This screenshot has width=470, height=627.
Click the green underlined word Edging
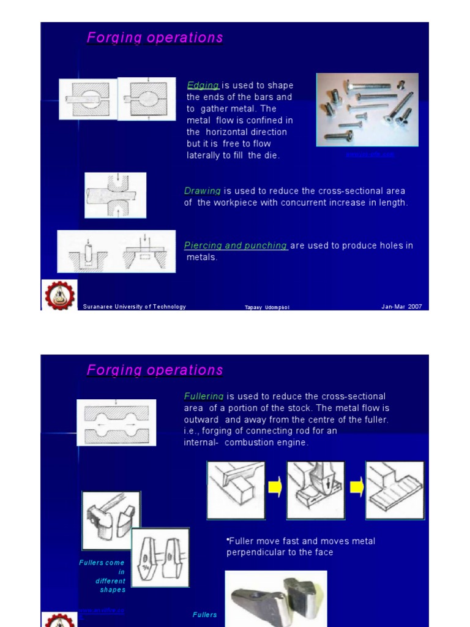203,86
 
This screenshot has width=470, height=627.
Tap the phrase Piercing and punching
236,246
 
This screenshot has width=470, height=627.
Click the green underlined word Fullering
204,397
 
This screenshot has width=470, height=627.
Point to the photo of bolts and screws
367,110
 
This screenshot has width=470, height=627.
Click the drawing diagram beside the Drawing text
116,195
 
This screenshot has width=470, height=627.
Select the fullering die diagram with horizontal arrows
116,422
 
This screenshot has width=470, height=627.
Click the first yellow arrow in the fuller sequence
275,489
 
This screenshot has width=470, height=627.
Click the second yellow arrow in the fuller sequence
355,489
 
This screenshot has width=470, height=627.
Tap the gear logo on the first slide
59,295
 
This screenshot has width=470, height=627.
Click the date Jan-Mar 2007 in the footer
401,307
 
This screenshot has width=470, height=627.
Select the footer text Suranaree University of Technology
134,307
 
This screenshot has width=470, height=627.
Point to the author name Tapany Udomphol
267,307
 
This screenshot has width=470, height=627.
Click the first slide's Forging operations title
155,38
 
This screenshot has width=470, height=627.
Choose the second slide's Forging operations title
155,370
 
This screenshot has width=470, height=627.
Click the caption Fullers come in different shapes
102,576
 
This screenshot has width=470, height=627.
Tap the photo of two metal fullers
276,599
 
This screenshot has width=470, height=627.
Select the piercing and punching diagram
116,252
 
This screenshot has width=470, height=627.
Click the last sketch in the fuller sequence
395,490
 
